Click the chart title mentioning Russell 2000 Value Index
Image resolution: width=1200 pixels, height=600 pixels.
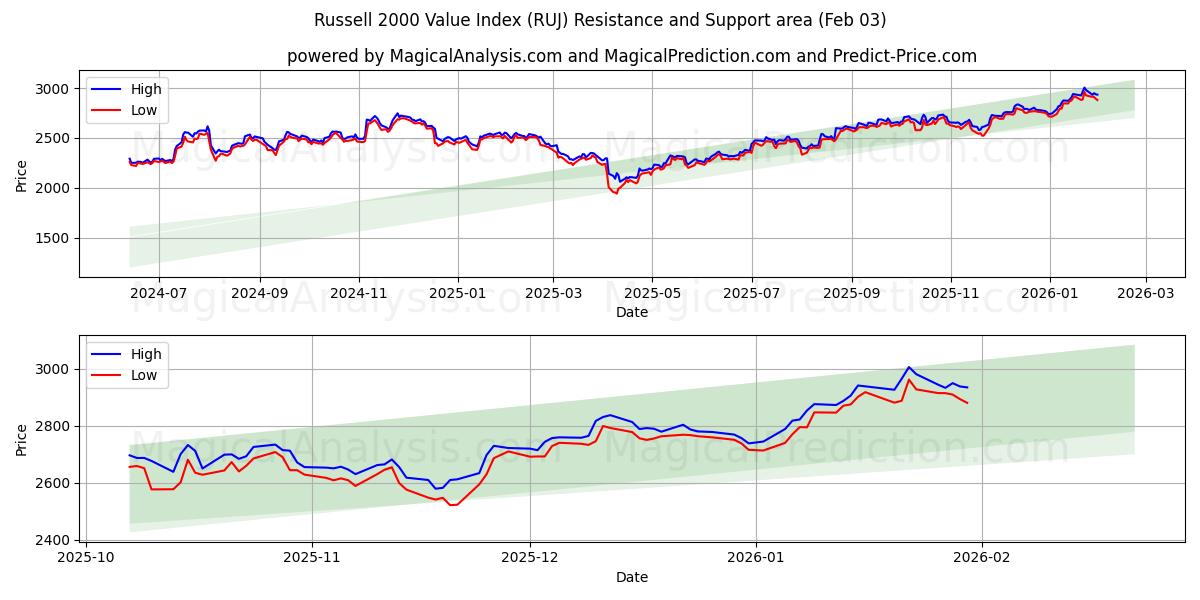click(x=600, y=20)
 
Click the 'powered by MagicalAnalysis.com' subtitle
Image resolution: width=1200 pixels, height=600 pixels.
click(x=631, y=56)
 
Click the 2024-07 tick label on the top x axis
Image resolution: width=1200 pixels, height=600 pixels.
click(x=159, y=294)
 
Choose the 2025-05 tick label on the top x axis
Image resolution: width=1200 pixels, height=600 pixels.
click(x=652, y=294)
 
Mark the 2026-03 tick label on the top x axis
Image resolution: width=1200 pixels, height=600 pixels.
click(x=1145, y=294)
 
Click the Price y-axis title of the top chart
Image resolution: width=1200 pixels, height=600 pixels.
click(x=22, y=174)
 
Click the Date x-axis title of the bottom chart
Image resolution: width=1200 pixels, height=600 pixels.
click(x=631, y=577)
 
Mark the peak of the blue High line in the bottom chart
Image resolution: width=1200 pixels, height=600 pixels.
click(x=908, y=367)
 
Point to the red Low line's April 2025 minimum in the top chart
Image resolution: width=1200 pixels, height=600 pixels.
click(x=615, y=192)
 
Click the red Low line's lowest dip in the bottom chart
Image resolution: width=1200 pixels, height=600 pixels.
click(x=453, y=505)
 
